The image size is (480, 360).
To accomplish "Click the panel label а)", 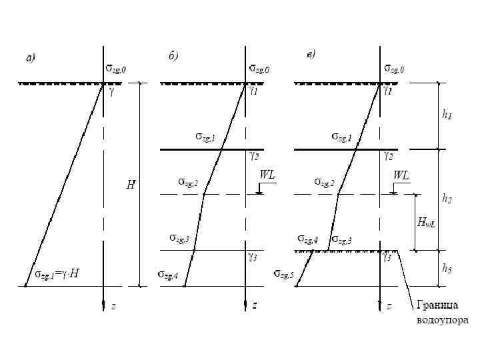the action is (x=30, y=59).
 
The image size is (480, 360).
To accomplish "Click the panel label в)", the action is (x=311, y=54).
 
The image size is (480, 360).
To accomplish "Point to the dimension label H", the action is (x=131, y=185).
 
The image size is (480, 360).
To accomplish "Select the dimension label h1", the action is (x=447, y=115).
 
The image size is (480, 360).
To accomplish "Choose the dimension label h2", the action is (x=447, y=198).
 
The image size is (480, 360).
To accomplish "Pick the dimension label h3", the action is (x=447, y=269).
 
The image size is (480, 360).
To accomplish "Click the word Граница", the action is (x=438, y=307).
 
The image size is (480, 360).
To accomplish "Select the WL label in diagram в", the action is (x=401, y=175).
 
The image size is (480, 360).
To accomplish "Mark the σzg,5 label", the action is (x=283, y=274).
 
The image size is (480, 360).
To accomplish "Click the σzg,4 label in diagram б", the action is (x=168, y=274).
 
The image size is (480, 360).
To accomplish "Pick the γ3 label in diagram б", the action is (x=253, y=256).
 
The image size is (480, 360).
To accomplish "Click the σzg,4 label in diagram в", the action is (x=308, y=239).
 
